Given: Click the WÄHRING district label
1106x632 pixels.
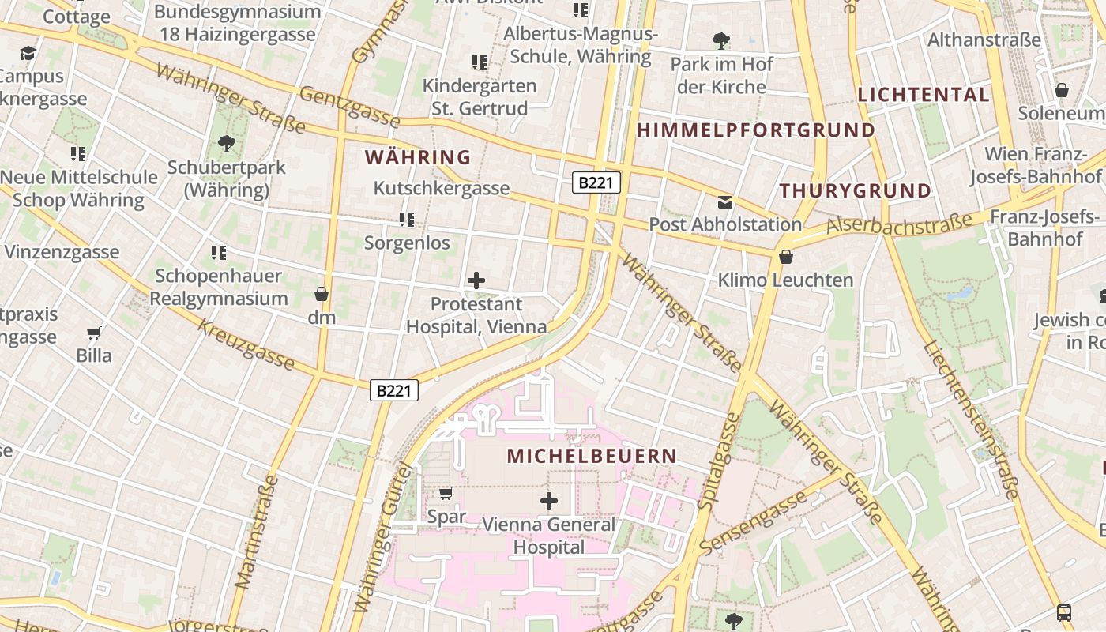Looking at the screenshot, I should [x=418, y=157].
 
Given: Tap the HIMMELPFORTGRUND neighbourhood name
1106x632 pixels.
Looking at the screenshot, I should [x=756, y=130].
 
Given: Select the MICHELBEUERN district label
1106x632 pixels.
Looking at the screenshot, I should [x=592, y=456].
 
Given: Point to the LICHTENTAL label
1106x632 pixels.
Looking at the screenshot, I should [x=924, y=95].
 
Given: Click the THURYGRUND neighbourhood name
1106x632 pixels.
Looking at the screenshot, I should [x=856, y=190].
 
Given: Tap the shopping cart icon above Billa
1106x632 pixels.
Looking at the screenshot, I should [x=94, y=333].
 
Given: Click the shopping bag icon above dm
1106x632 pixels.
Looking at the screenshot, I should [x=322, y=294].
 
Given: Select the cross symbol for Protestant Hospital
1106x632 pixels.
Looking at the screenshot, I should [x=476, y=280].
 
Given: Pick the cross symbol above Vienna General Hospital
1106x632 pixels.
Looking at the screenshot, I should [x=549, y=500].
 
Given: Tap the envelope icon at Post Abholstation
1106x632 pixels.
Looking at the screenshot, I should [x=725, y=202].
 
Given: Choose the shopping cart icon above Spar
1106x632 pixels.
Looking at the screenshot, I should [x=446, y=494].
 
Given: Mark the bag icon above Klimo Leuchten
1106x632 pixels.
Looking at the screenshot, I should [x=785, y=257].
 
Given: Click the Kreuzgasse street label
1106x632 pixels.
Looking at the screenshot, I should [x=246, y=344].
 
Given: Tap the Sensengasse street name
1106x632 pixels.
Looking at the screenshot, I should [x=754, y=521].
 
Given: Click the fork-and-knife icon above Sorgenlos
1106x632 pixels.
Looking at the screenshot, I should [x=407, y=219].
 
